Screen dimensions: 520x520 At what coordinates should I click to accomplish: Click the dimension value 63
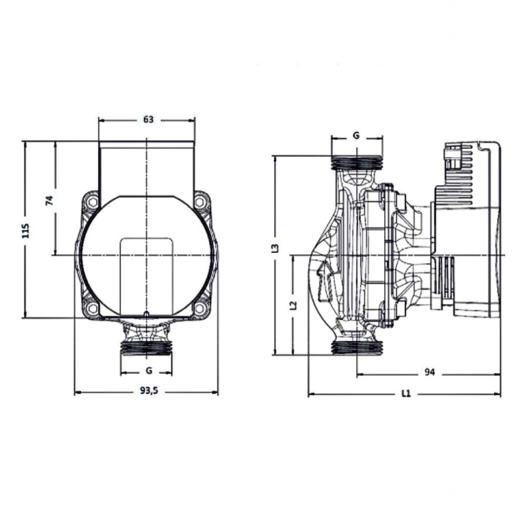[x=148, y=120]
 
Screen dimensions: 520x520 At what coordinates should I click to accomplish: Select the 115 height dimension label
[x=26, y=230]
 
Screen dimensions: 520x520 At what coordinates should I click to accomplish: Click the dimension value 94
[x=429, y=372]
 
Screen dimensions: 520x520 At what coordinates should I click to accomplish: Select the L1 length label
[x=406, y=393]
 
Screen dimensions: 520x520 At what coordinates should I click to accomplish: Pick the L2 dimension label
[x=293, y=304]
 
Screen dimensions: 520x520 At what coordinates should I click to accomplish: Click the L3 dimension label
[x=275, y=248]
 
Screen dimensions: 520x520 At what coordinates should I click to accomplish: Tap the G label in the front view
[x=148, y=370]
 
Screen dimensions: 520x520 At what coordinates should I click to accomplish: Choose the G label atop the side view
[x=356, y=136]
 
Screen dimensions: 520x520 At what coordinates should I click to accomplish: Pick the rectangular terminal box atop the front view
[x=147, y=166]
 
